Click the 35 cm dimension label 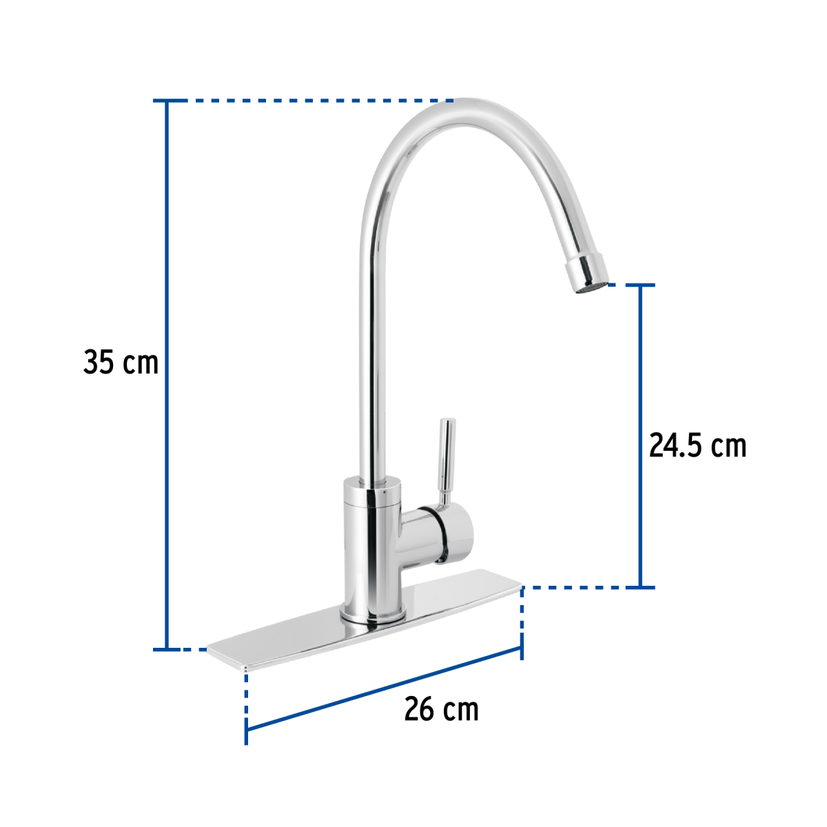121,363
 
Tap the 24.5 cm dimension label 697,446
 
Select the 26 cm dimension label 441,709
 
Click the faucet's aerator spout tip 587,272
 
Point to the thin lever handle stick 447,455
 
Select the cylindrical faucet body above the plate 372,544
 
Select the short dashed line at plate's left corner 194,649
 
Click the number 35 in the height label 99,363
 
